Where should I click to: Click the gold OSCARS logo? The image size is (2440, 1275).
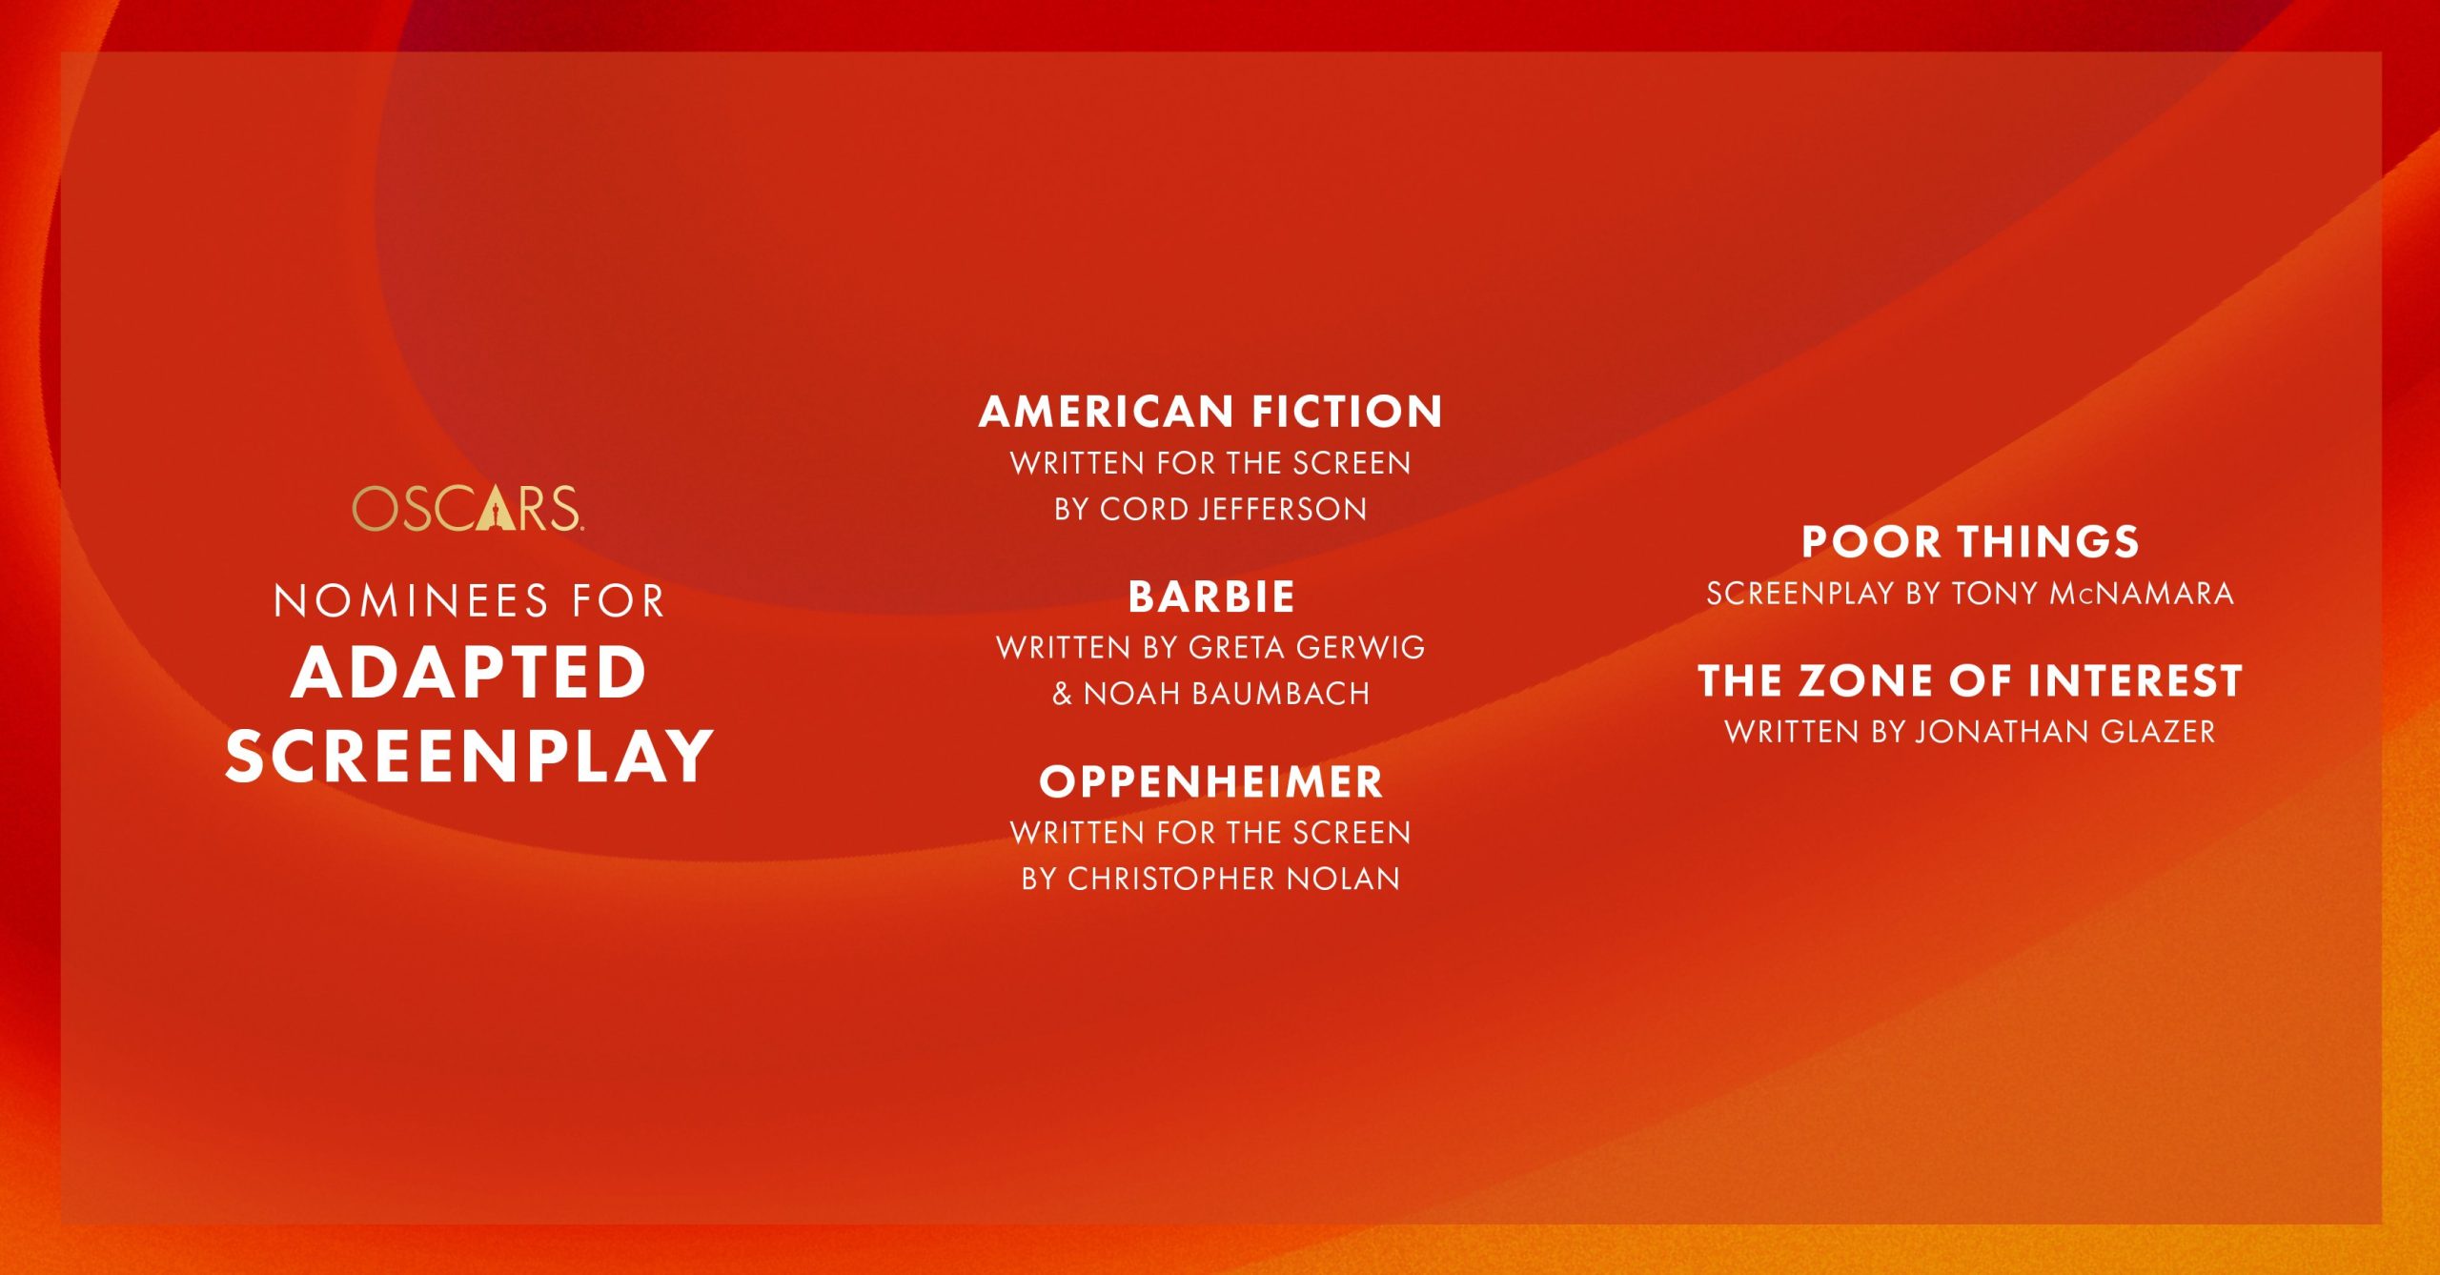click(467, 508)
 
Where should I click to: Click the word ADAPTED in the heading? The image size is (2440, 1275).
click(469, 673)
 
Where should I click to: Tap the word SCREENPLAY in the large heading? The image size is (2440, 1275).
click(469, 757)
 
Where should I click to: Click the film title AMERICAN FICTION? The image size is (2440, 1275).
click(1210, 412)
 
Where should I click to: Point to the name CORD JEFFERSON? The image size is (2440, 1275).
click(1233, 510)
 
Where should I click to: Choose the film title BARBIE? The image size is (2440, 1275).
click(1211, 597)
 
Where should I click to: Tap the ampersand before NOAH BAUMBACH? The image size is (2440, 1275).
click(1062, 694)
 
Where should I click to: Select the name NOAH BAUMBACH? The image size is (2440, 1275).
click(1227, 694)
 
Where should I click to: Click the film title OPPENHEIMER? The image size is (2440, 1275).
click(1210, 782)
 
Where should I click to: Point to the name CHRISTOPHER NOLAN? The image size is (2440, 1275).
click(1233, 879)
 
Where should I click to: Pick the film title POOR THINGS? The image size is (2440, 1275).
click(1970, 542)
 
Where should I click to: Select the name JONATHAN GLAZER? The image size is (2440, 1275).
click(2065, 732)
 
